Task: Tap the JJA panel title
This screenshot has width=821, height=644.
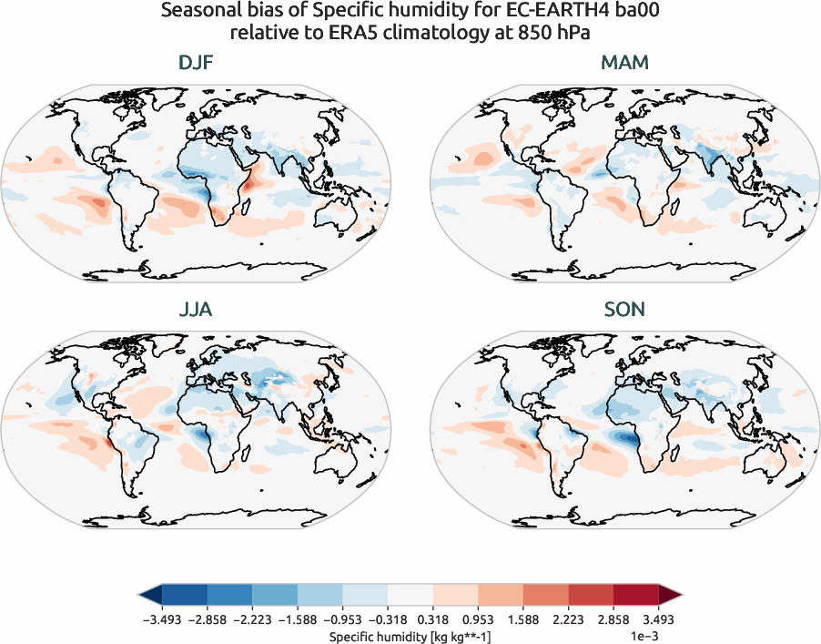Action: point(197,310)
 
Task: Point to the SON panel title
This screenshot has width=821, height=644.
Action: point(624,310)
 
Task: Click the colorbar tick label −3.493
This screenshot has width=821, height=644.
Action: point(161,618)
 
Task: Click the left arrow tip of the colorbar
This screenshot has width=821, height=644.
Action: point(142,596)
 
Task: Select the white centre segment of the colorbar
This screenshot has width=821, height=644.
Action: point(410,596)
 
